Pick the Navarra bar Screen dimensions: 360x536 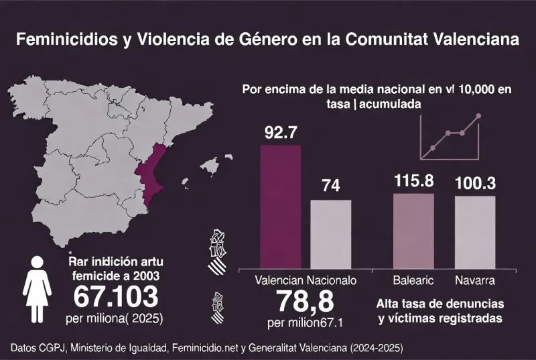coord(475,231)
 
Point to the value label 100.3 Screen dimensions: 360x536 coord(475,182)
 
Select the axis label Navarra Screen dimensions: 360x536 coord(475,280)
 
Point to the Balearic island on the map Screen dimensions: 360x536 coord(212,164)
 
